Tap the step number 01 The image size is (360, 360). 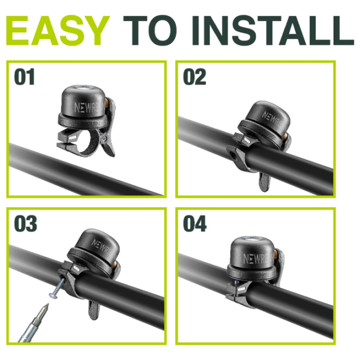(25, 78)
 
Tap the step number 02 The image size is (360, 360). (194, 78)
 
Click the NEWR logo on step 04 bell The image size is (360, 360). (252, 259)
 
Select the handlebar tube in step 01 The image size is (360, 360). (84, 171)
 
